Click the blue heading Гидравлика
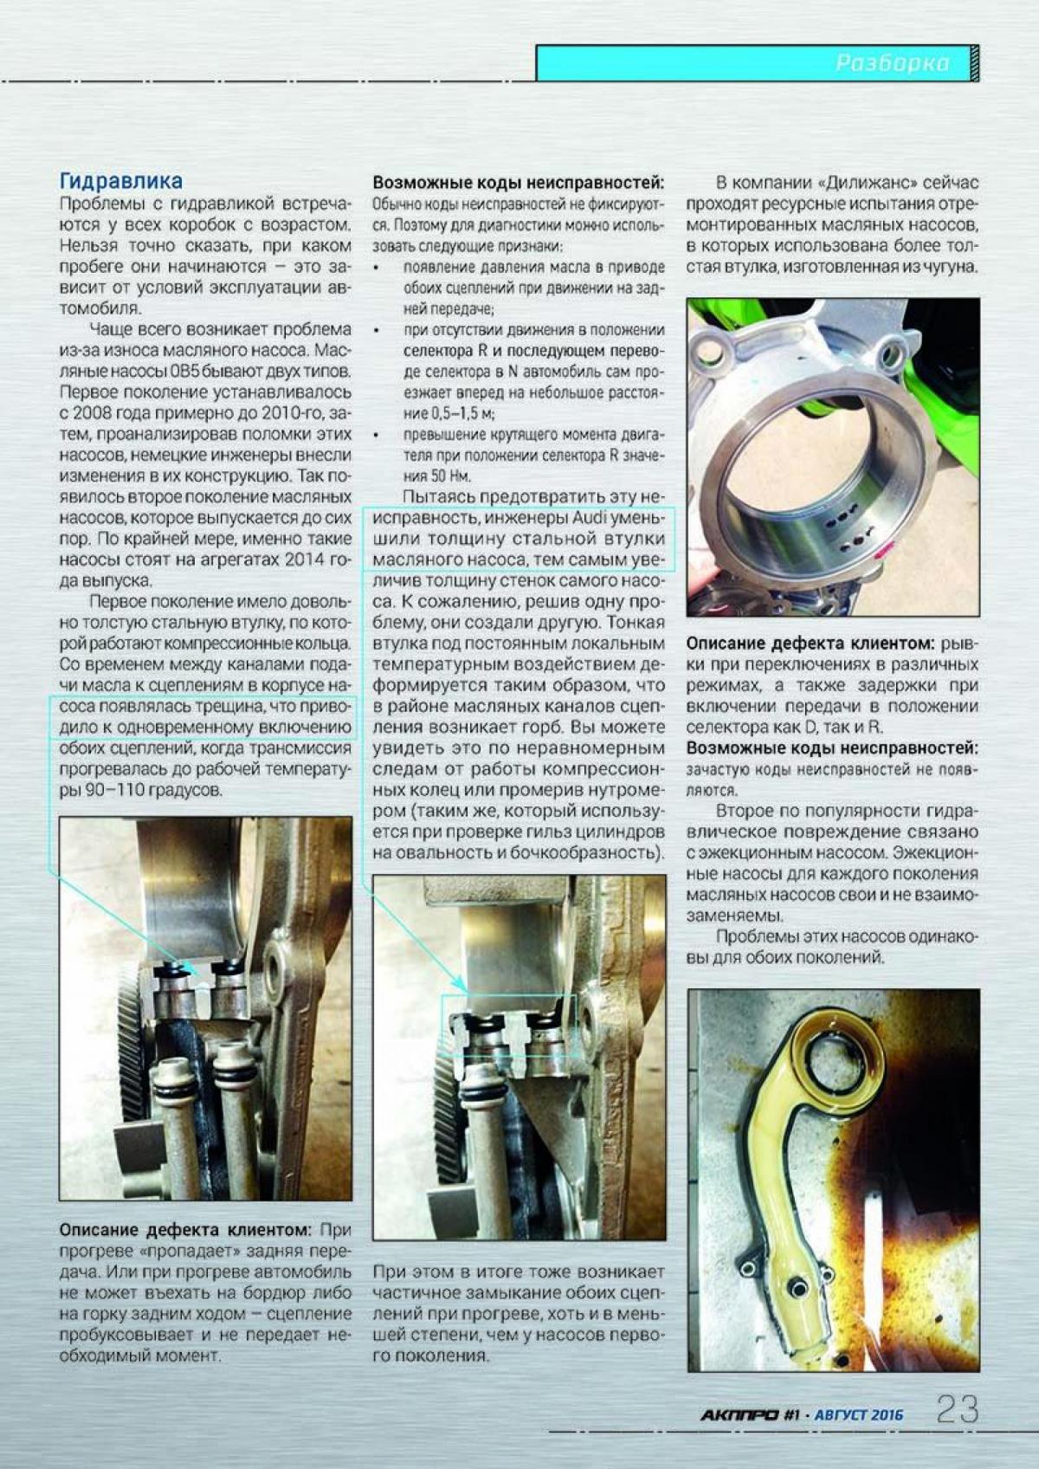tap(120, 181)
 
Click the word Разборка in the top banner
tap(891, 63)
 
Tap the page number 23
tap(957, 1409)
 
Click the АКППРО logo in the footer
tap(739, 1414)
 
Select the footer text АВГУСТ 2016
tap(858, 1415)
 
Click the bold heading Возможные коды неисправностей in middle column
tap(518, 184)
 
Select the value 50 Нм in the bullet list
tap(449, 476)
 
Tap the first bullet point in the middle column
tap(376, 268)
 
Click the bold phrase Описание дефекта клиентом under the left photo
tap(184, 1230)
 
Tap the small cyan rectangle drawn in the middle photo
tap(509, 1025)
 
